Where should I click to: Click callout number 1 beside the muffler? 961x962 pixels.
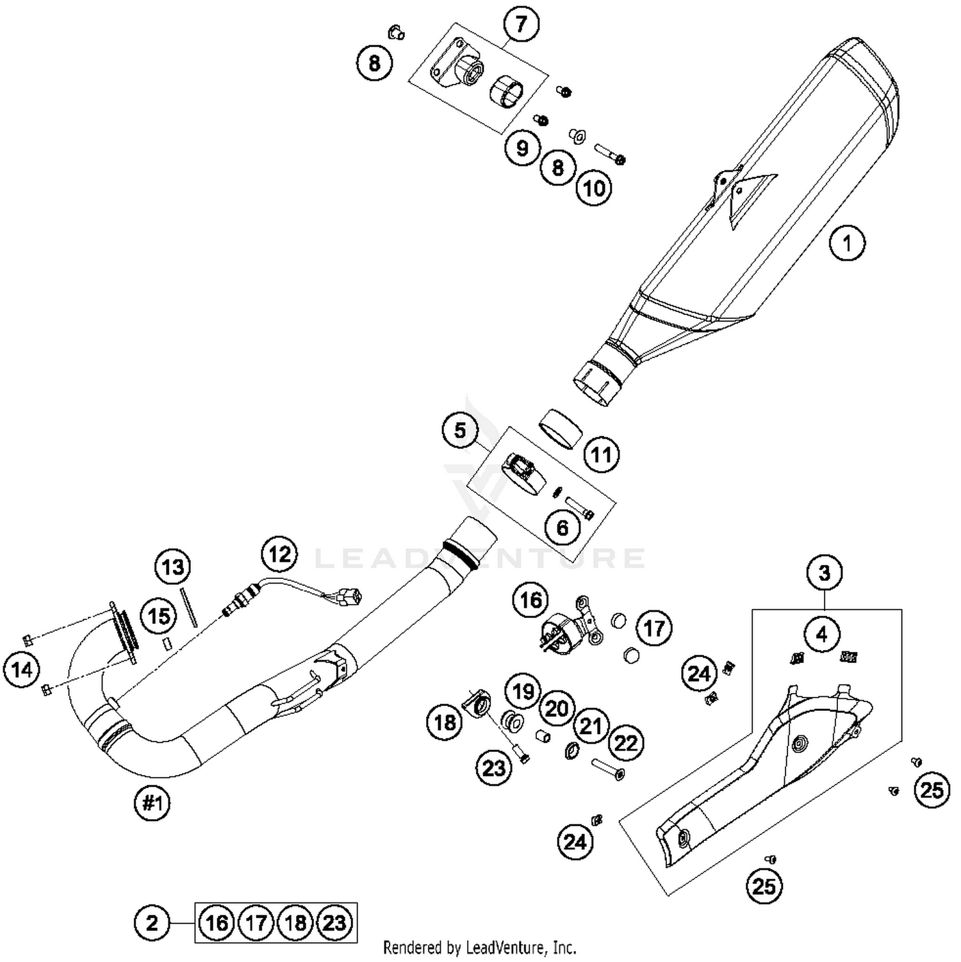[x=847, y=243]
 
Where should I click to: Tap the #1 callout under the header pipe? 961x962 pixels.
[x=152, y=803]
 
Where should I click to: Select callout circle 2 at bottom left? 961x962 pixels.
[x=152, y=923]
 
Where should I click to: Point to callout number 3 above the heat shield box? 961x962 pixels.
[x=824, y=572]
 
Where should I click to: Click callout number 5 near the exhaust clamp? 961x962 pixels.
[x=460, y=430]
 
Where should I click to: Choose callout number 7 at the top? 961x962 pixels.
[x=521, y=24]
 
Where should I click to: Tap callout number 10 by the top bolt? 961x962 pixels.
[x=594, y=188]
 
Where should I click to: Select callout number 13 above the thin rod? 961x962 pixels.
[x=173, y=567]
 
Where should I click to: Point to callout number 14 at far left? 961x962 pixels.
[x=22, y=670]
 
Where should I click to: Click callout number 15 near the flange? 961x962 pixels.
[x=159, y=616]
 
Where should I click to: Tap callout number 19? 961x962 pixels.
[x=523, y=691]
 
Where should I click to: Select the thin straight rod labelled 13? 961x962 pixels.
[x=191, y=606]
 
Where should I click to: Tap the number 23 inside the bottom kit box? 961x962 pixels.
[x=334, y=923]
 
